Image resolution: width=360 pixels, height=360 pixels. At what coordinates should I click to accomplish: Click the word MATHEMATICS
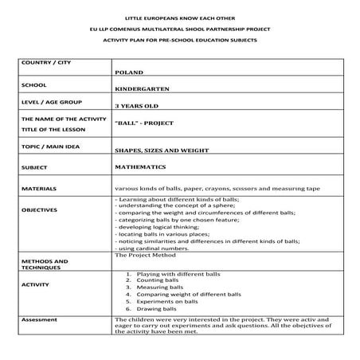[x=140, y=167]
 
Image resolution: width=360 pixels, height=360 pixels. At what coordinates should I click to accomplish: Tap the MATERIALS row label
[x=39, y=189]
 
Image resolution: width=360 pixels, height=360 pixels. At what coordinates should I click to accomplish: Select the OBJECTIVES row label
[x=39, y=210]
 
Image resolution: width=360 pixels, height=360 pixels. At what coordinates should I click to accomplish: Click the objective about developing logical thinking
[x=162, y=226]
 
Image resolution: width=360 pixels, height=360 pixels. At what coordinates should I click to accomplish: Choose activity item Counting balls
[x=155, y=282]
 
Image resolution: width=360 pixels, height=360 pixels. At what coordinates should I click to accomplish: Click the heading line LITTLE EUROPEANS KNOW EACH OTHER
[x=179, y=17]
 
